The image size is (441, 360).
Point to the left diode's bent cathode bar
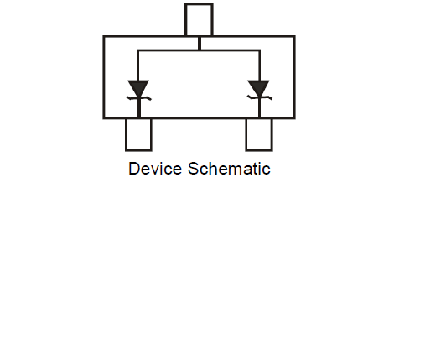(x=138, y=98)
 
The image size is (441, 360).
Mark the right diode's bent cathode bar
(x=259, y=97)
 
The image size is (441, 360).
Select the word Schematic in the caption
(x=229, y=169)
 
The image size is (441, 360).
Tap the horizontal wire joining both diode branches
(x=199, y=50)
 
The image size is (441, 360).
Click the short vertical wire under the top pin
(x=200, y=43)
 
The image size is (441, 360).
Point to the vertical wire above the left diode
(x=137, y=65)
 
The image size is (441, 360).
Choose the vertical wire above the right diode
(x=259, y=65)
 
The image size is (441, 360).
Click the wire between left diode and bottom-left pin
(x=139, y=108)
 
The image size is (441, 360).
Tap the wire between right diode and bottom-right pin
(x=259, y=108)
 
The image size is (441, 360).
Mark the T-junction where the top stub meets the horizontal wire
(x=200, y=50)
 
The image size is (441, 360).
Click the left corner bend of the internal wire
(x=137, y=50)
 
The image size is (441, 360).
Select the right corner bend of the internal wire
(x=259, y=50)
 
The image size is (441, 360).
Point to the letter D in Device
(x=133, y=169)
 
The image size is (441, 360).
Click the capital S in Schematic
(x=194, y=169)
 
